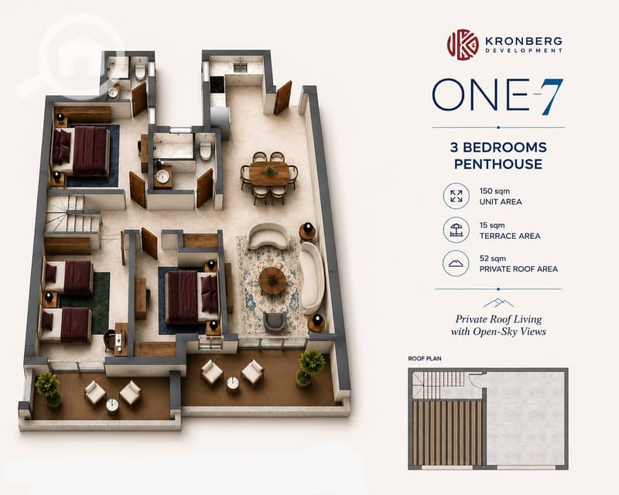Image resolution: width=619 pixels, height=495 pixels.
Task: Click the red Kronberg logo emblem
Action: [x=463, y=45]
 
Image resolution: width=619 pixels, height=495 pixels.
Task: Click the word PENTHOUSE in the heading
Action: [x=498, y=164]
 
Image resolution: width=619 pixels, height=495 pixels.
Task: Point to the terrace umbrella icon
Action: [x=456, y=230]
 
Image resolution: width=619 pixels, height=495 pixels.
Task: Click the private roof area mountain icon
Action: [x=456, y=264]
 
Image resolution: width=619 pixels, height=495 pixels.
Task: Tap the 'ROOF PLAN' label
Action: [x=424, y=358]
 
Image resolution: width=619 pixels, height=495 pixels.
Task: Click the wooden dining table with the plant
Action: [x=269, y=173]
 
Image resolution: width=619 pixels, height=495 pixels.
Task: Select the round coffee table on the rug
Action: [x=272, y=280]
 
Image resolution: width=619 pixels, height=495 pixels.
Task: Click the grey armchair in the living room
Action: [x=275, y=322]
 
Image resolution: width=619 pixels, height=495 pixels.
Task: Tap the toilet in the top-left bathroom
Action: [x=140, y=71]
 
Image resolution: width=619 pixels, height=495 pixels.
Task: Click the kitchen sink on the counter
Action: [x=240, y=67]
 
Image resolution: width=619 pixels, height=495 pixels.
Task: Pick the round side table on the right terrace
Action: [x=233, y=384]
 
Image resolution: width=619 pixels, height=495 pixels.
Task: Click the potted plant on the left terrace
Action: [x=49, y=389]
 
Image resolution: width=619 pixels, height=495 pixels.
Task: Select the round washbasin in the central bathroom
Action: [x=162, y=176]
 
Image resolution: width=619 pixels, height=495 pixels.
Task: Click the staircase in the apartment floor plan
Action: [x=71, y=215]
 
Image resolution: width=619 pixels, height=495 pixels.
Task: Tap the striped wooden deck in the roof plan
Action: [x=447, y=432]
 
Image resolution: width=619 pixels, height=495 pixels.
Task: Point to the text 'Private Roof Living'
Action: [x=498, y=319]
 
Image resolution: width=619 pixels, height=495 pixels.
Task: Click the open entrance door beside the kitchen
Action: [x=282, y=98]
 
